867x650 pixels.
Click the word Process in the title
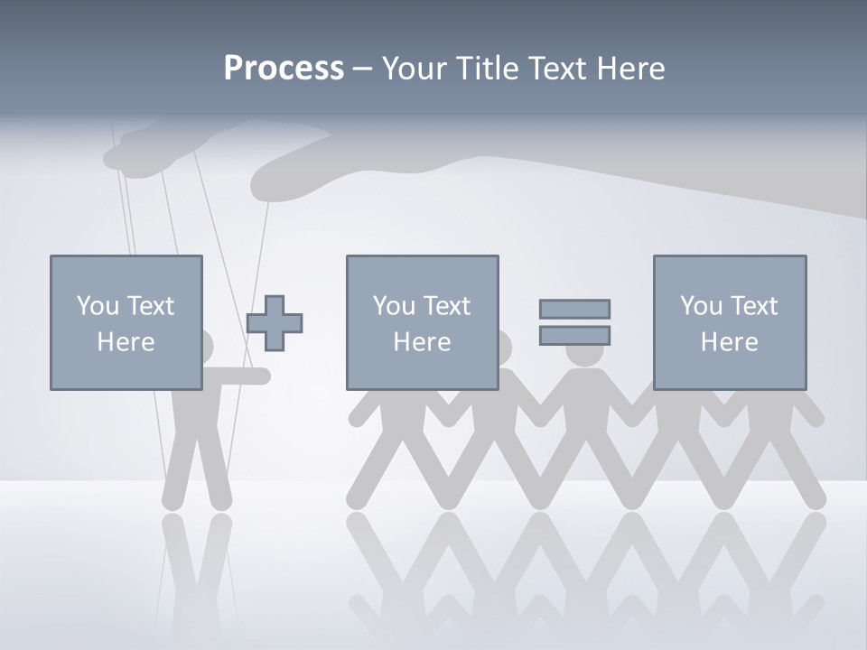[284, 69]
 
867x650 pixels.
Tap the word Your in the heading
[415, 69]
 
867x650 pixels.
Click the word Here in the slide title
[629, 69]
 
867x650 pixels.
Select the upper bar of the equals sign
[574, 309]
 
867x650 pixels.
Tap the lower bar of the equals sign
[574, 336]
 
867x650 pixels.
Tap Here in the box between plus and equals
[422, 342]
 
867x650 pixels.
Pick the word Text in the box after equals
[754, 306]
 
